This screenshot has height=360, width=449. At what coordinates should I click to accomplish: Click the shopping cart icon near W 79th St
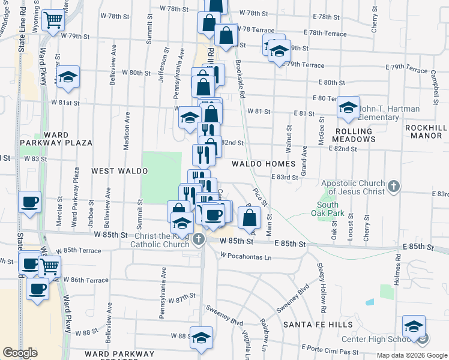(x=53, y=20)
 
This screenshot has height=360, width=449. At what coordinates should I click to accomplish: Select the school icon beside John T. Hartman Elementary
(x=348, y=108)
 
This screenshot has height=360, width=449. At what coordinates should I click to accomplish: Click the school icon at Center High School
(x=414, y=326)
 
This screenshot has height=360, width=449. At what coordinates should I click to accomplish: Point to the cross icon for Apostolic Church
(x=394, y=187)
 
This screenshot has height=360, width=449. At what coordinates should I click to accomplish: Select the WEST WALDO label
(x=119, y=171)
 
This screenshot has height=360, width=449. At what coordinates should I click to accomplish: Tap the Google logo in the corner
(x=20, y=353)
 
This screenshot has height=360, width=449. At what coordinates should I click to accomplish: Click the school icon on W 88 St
(x=202, y=337)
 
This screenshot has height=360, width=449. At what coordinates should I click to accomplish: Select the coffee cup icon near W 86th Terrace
(x=37, y=290)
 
